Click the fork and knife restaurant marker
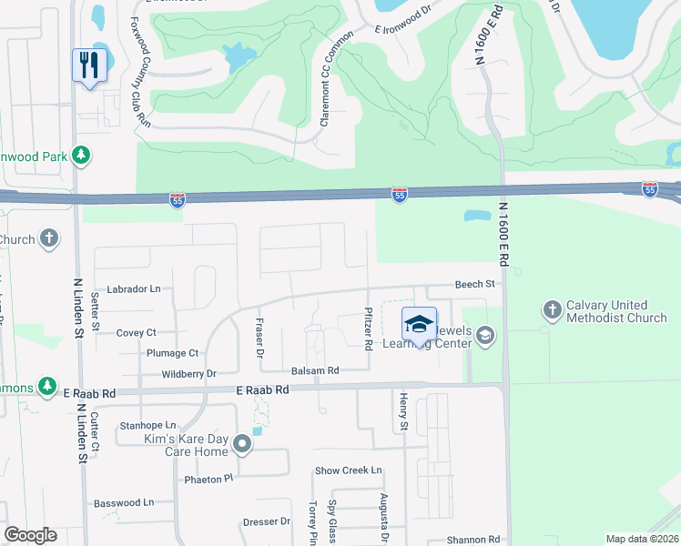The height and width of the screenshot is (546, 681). tap(89, 65)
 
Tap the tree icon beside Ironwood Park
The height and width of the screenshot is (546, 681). tap(82, 156)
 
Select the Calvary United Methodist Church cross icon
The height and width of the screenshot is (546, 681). tap(551, 310)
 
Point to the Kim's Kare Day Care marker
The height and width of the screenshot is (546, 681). tap(242, 444)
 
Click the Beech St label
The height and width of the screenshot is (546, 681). tap(474, 284)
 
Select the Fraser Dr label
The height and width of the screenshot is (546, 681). tap(259, 337)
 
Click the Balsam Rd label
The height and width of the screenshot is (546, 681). tap(315, 370)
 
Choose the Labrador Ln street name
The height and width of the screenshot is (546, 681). tap(133, 288)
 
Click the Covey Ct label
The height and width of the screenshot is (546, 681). tap(137, 333)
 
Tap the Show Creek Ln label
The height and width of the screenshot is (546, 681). tap(348, 470)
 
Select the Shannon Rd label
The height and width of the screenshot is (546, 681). tap(474, 538)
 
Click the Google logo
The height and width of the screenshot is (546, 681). tap(30, 535)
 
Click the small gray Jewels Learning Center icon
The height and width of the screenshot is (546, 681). tap(485, 337)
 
